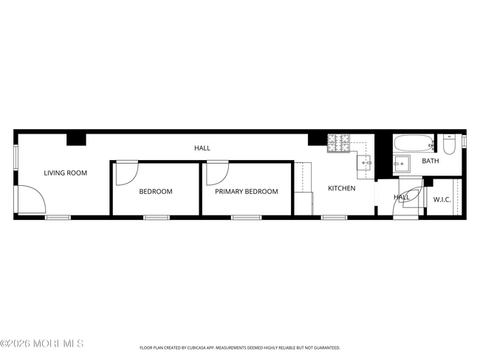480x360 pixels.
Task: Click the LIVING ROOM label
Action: (x=66, y=173)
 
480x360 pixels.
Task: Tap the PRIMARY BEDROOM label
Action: (x=247, y=192)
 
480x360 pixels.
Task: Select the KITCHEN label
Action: (x=342, y=188)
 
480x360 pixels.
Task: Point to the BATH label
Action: (x=431, y=161)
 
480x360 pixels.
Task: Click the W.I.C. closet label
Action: (x=442, y=200)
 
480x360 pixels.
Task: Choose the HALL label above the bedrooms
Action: (x=202, y=148)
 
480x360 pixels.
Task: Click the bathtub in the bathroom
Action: (x=414, y=143)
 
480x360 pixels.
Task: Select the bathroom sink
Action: (x=402, y=164)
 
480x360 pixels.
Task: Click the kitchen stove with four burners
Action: (x=339, y=143)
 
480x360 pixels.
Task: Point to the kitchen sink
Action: (x=364, y=163)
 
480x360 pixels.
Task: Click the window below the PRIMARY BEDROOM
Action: (x=247, y=218)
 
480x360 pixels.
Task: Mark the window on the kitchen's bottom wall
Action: (x=335, y=218)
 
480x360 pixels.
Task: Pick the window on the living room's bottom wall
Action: (x=58, y=218)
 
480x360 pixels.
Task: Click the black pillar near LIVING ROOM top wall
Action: (x=76, y=139)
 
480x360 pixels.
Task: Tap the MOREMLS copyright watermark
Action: (x=42, y=344)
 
